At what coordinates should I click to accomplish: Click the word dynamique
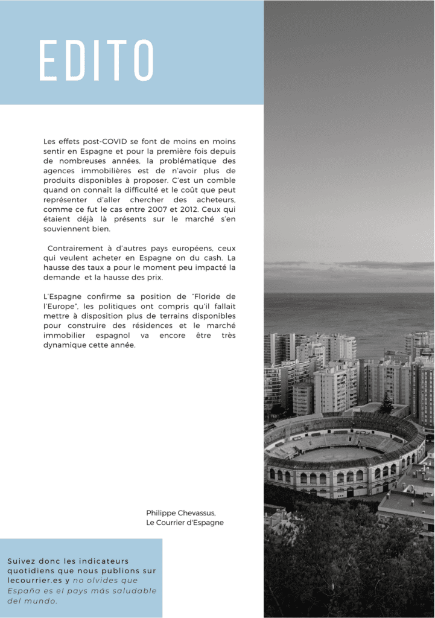pos(63,345)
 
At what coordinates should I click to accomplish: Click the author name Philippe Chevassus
pos(177,513)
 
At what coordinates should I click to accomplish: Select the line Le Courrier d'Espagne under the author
pos(185,523)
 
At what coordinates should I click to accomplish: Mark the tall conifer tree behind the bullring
pos(387,401)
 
